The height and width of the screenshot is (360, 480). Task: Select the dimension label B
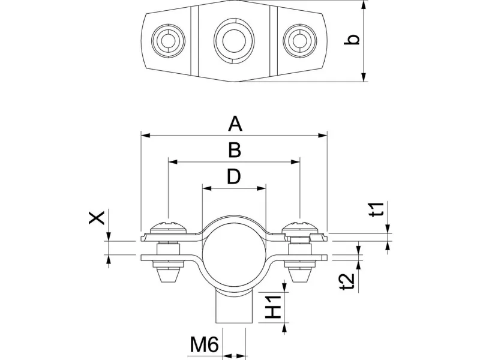(x=235, y=150)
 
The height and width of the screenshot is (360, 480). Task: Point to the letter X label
(x=97, y=217)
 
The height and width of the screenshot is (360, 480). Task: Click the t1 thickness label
(x=376, y=211)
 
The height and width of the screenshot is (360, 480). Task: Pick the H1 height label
(x=274, y=307)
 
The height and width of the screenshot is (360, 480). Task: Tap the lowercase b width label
(x=354, y=40)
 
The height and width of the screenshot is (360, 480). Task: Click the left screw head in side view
(x=169, y=227)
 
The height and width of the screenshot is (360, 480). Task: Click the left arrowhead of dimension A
(x=145, y=135)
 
